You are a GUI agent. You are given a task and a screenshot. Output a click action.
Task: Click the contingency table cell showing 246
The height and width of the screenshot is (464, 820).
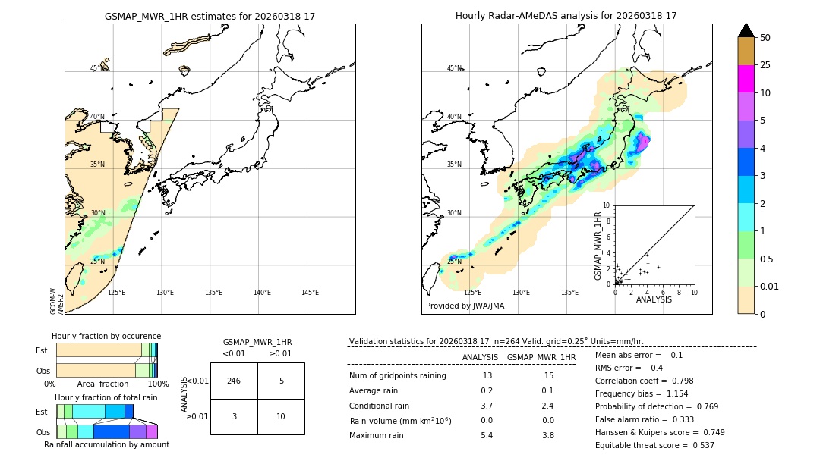(x=234, y=381)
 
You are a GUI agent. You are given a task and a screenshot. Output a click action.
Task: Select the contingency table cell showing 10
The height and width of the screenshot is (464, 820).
(x=281, y=416)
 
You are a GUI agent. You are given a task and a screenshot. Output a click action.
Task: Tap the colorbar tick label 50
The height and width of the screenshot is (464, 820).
(x=765, y=38)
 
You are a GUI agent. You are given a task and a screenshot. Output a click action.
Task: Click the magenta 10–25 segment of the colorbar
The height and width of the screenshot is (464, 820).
(x=746, y=79)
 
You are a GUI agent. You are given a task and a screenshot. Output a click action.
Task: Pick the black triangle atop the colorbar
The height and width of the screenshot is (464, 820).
(x=746, y=30)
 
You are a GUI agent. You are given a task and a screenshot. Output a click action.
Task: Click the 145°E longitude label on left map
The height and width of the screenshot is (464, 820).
(x=310, y=293)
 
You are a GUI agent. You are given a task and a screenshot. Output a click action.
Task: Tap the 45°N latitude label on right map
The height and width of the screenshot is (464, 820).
(x=454, y=69)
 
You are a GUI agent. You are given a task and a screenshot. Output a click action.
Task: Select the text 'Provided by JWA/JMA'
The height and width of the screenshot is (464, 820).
(x=465, y=306)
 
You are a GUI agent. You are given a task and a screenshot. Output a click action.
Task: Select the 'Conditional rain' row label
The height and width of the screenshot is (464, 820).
(x=380, y=406)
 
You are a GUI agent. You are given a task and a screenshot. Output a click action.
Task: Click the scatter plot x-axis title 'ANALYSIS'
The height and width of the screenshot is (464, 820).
(x=654, y=299)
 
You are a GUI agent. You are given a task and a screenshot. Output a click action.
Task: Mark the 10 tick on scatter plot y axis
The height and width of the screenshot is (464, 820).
(x=607, y=205)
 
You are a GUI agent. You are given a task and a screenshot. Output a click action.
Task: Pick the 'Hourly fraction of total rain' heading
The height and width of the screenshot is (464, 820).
(x=106, y=397)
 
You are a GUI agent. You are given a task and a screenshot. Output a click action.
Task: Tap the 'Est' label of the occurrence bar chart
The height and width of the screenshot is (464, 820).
(x=42, y=350)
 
